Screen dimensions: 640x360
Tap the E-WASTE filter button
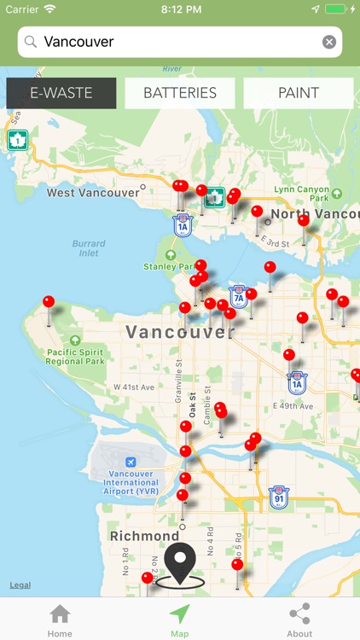[x=61, y=93]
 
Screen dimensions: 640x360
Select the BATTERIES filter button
[x=180, y=93]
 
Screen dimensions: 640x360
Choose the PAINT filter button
[x=299, y=93]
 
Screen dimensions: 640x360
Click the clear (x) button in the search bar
[x=328, y=42]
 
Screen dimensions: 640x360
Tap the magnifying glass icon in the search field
[x=31, y=42]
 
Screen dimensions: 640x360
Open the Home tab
[x=60, y=619]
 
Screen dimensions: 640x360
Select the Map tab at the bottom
[x=179, y=619]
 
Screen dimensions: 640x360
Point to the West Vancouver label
[x=92, y=193]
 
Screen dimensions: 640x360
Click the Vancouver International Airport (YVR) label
[x=131, y=482]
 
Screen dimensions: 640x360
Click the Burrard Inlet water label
[x=89, y=248]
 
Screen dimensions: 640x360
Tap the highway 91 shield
[x=277, y=497]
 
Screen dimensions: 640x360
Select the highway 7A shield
[x=238, y=296]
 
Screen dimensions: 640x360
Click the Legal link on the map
[x=20, y=585]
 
